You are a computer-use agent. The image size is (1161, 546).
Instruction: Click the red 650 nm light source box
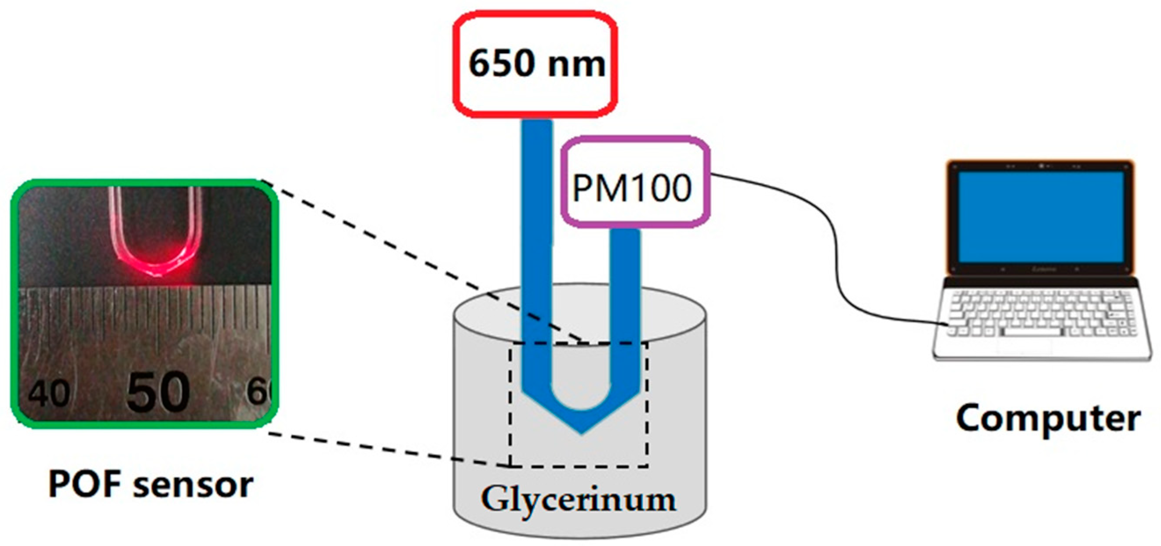point(535,65)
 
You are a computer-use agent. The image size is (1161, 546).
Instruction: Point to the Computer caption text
point(1048,419)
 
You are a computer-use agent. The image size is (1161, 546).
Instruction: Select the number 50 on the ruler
point(158,391)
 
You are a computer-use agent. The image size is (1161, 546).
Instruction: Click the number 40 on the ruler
point(49,393)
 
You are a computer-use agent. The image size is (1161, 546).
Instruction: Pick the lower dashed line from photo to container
point(388,448)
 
